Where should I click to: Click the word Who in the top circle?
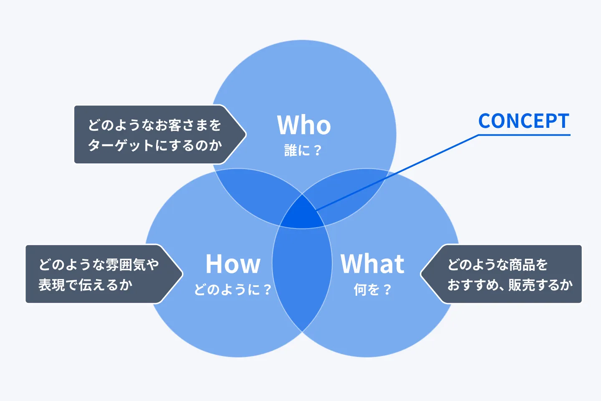coord(304,125)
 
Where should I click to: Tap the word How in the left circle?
coord(233,264)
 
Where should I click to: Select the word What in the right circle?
coord(372,264)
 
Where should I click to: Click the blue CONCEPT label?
coord(524,121)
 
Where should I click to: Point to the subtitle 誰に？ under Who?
coord(303,150)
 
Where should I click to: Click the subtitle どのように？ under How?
coord(233,289)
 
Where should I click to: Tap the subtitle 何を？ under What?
coord(372,289)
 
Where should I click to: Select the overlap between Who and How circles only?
coord(255,196)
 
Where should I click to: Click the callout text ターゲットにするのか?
coord(155,145)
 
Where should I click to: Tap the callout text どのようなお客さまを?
coord(155,125)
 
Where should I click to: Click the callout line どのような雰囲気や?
coord(99,264)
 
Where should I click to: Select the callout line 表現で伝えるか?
coord(86,285)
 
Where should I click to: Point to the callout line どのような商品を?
coord(497,264)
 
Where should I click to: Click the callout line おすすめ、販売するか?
coord(510,285)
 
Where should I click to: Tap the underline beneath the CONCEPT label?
coord(524,135)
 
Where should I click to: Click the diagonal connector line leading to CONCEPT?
coord(396,172)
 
